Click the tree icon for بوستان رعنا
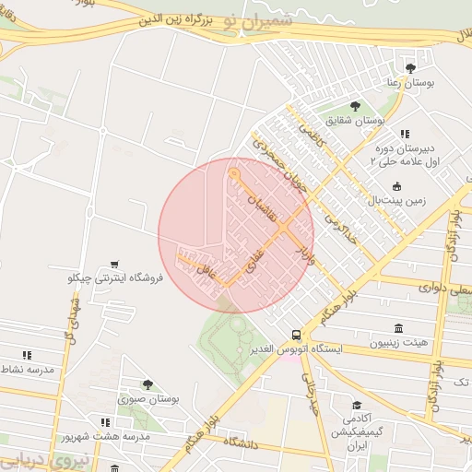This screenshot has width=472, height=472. (410, 68)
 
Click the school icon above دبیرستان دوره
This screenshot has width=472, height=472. (405, 135)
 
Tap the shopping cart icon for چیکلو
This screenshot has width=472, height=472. (114, 264)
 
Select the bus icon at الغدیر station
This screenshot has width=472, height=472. (295, 336)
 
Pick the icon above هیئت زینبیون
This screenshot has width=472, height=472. (398, 329)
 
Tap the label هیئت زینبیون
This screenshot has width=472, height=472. (398, 343)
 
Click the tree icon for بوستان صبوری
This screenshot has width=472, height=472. (147, 384)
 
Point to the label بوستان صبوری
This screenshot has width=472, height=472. (147, 399)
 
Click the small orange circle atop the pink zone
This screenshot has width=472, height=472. (234, 173)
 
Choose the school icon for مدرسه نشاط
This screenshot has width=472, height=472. (27, 355)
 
